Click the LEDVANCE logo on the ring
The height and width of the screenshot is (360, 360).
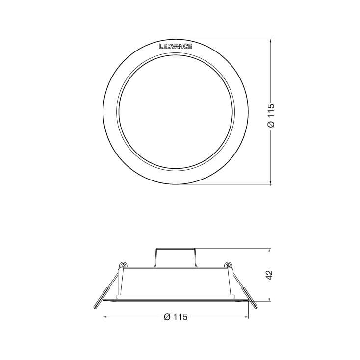click(176, 47)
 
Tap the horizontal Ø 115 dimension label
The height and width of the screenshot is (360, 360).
click(175, 317)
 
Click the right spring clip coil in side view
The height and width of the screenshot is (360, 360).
click(228, 265)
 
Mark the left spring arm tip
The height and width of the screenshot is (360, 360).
click(95, 307)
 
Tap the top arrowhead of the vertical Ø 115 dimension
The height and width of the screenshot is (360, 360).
click(271, 41)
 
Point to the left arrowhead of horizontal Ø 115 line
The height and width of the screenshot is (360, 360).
click(104, 317)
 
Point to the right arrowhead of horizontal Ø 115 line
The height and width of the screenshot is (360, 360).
click(247, 317)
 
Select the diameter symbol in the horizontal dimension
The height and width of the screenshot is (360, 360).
click(166, 317)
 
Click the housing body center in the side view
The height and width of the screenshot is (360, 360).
click(176, 282)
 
